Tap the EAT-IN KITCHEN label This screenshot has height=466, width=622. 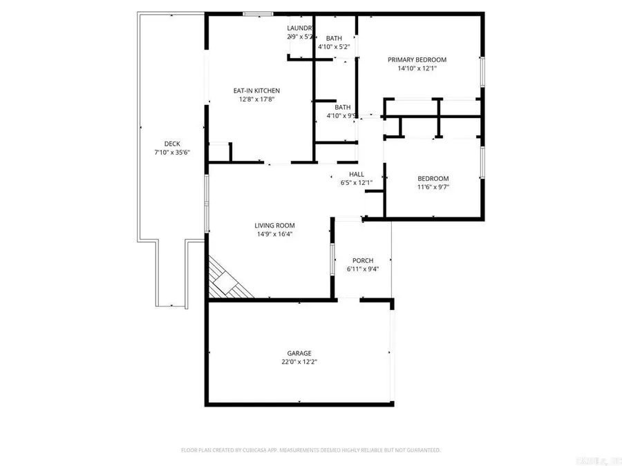point(256,90)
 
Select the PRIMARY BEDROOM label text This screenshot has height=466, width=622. point(417,59)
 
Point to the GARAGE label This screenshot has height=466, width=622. point(299,353)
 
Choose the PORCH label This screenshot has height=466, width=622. point(363,260)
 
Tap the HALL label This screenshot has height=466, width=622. point(357,174)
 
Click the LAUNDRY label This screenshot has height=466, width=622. point(301,28)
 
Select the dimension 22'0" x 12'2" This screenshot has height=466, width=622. point(299,362)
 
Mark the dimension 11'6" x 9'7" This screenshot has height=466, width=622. point(433,187)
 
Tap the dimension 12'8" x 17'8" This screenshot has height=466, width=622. point(256,99)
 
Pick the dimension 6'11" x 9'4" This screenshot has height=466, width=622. point(363,269)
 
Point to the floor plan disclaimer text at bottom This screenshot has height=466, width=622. point(310,450)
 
